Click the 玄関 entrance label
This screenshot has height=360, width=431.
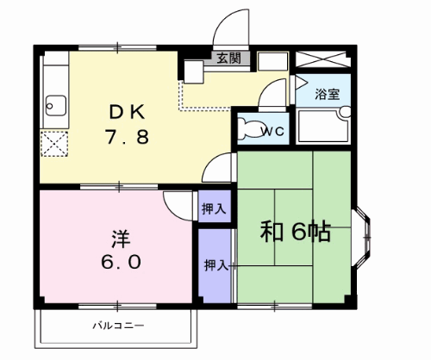click(228, 59)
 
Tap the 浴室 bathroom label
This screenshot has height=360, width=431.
click(328, 93)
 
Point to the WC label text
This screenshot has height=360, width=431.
click(273, 132)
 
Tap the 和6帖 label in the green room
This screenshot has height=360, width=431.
click(297, 232)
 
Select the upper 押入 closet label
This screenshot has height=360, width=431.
click(215, 208)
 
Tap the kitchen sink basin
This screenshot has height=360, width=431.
click(54, 108)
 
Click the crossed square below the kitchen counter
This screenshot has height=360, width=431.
click(54, 143)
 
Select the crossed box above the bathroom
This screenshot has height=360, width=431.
click(322, 60)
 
